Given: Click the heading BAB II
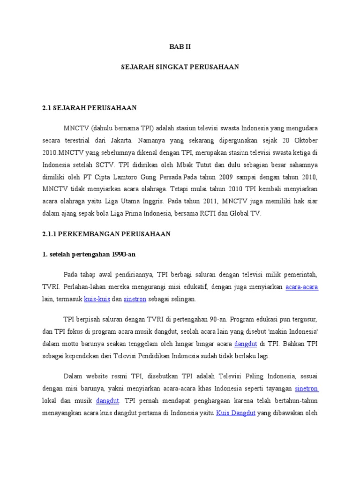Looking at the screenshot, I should pyautogui.click(x=180, y=47).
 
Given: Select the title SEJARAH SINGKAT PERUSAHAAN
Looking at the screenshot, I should pyautogui.click(x=180, y=67).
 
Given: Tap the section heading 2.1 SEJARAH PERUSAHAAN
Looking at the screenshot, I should pyautogui.click(x=90, y=108).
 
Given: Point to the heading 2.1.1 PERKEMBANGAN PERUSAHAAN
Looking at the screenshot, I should pyautogui.click(x=106, y=233).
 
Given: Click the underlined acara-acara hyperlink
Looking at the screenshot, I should pyautogui.click(x=302, y=286).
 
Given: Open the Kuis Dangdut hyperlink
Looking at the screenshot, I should pyautogui.click(x=235, y=413).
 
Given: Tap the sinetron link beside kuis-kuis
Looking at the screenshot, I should pyautogui.click(x=138, y=299).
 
